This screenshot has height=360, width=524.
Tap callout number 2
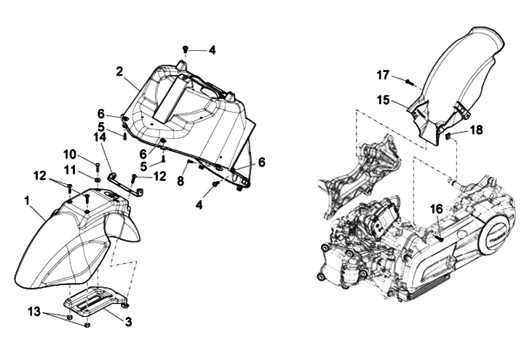tap(119, 72)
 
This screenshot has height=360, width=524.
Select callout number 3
tap(127, 321)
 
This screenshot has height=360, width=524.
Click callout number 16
tap(436, 209)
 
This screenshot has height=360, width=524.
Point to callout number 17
tap(384, 73)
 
